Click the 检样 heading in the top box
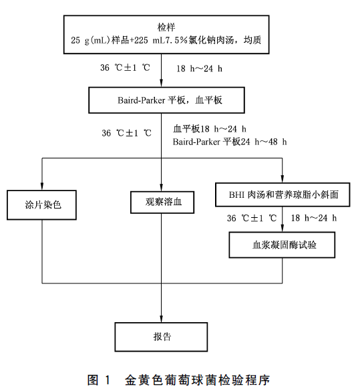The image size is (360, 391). (x=166, y=27)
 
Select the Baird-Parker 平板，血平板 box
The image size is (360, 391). (x=166, y=100)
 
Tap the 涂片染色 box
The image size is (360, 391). (x=41, y=205)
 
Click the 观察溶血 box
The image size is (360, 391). (x=162, y=203)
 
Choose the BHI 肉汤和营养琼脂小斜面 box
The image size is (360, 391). (x=283, y=194)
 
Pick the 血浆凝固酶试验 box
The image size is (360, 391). (x=282, y=245)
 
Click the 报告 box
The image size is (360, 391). (x=161, y=337)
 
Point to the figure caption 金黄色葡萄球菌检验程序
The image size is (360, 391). (x=197, y=380)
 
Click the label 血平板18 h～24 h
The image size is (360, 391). (x=210, y=129)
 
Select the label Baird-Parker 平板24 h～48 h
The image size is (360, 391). (x=230, y=142)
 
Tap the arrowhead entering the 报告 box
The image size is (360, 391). (x=161, y=319)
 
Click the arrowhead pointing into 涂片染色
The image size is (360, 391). (x=42, y=186)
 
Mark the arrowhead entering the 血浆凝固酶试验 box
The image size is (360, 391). (x=283, y=229)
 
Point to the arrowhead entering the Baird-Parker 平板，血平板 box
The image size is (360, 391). (x=161, y=84)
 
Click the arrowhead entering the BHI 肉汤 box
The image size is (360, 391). (x=283, y=179)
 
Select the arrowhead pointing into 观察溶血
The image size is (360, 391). (x=161, y=188)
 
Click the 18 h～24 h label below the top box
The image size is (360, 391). (x=199, y=69)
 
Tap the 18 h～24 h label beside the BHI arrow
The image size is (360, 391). (x=314, y=218)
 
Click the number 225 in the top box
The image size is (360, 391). (x=141, y=40)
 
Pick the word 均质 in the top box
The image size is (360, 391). (x=252, y=40)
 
